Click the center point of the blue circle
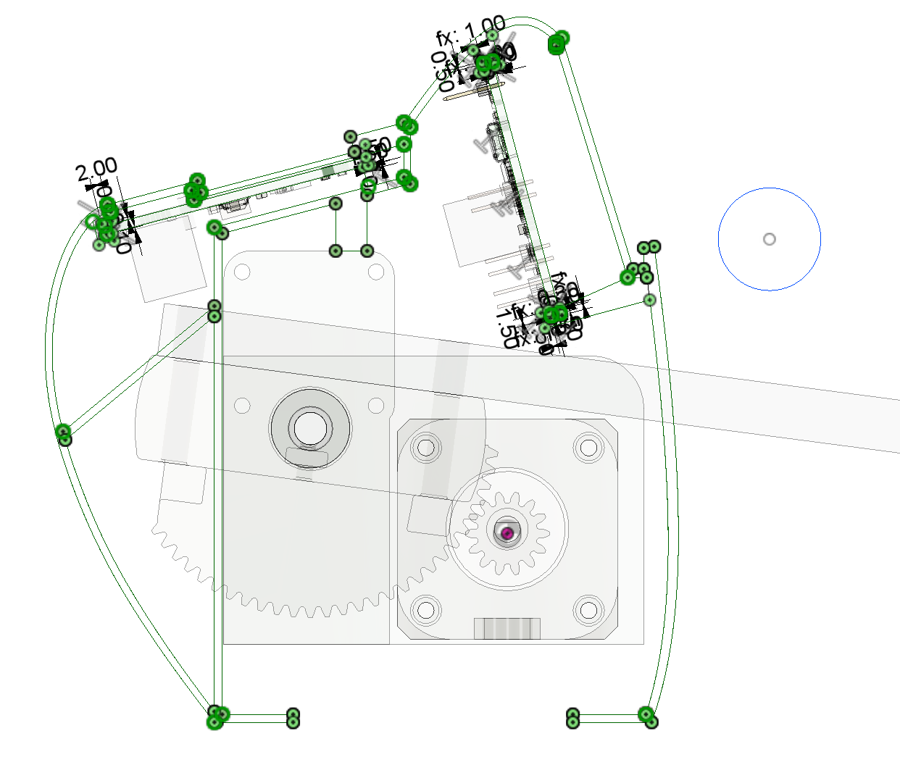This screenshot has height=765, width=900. (770, 239)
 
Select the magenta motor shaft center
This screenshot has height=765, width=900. (507, 533)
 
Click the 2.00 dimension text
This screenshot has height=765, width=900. (96, 170)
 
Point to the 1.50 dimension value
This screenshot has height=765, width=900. (508, 327)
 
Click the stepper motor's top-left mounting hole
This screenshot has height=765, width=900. (426, 448)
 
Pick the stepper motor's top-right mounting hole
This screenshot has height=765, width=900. (588, 448)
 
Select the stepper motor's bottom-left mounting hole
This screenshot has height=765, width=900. (426, 610)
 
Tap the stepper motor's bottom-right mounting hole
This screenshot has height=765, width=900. (588, 610)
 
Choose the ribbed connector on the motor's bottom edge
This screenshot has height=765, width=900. (507, 628)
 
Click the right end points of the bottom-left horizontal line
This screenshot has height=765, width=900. (293, 718)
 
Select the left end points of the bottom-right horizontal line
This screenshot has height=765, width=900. (572, 718)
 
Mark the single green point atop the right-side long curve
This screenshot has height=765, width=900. (649, 299)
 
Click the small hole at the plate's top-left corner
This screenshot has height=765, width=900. (242, 272)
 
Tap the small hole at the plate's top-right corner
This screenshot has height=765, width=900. (375, 272)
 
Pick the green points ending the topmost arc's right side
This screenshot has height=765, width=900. (558, 42)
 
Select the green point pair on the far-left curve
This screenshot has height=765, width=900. (64, 435)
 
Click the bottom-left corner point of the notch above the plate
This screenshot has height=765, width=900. (336, 251)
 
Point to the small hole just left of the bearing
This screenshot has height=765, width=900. (242, 405)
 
